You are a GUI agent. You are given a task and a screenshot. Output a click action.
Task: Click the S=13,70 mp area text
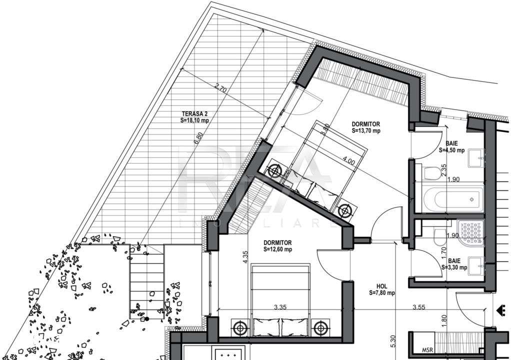(366, 131)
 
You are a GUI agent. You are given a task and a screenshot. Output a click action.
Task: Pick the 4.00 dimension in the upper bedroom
(348, 161)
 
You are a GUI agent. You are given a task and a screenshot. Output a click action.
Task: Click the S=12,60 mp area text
(278, 249)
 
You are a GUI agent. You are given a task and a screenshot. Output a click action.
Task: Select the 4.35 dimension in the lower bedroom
(245, 256)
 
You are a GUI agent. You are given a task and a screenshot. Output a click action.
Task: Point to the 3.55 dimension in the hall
(419, 307)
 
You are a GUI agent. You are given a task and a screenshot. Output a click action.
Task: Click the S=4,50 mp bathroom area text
(452, 149)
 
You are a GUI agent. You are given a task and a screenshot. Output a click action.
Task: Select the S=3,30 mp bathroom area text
(454, 267)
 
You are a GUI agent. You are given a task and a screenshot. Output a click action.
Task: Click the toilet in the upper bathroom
(430, 173)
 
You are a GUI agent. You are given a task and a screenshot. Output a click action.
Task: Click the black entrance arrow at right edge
(500, 310)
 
